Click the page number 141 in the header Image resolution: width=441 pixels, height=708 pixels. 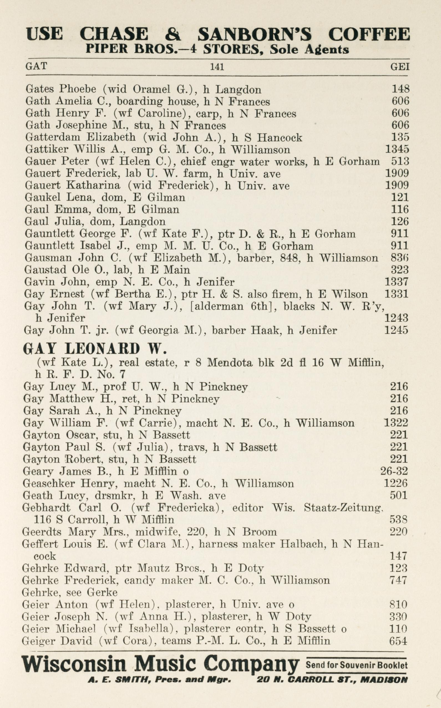pyautogui.click(x=217, y=67)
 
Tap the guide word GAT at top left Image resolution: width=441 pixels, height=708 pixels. pyautogui.click(x=36, y=66)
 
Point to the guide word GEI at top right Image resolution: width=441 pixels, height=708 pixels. pyautogui.click(x=400, y=67)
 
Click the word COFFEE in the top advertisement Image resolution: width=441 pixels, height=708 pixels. pyautogui.click(x=369, y=34)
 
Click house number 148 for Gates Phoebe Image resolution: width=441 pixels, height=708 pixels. pyautogui.click(x=401, y=89)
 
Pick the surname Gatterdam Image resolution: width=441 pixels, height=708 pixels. pyautogui.click(x=51, y=137)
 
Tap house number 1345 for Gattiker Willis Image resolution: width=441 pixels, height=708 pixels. pyautogui.click(x=397, y=149)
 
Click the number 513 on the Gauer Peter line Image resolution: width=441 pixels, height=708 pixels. pyautogui.click(x=401, y=162)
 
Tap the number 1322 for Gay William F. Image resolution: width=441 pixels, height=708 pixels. pyautogui.click(x=396, y=423)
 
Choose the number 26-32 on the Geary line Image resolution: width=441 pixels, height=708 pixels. pyautogui.click(x=394, y=471)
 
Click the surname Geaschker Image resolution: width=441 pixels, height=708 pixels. pyautogui.click(x=49, y=483)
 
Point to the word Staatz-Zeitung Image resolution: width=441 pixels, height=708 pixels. pyautogui.click(x=343, y=508)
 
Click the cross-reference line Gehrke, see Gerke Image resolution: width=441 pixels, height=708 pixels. pyautogui.click(x=70, y=592)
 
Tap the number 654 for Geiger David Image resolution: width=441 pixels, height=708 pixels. pyautogui.click(x=398, y=641)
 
